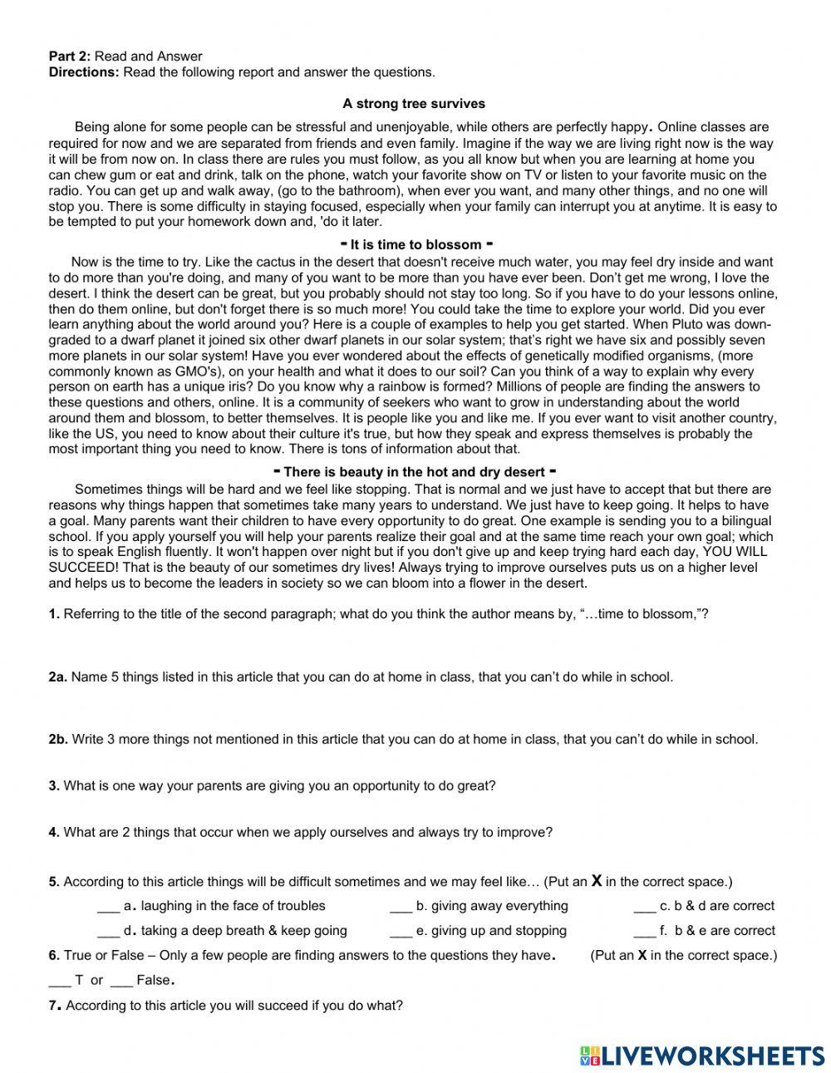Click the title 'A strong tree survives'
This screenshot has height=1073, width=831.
pyautogui.click(x=414, y=104)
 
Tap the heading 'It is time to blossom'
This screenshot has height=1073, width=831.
pyautogui.click(x=416, y=244)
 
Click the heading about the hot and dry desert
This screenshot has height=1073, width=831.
pyautogui.click(x=414, y=472)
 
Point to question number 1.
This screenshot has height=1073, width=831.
pyautogui.click(x=54, y=614)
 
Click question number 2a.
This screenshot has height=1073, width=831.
pyautogui.click(x=57, y=677)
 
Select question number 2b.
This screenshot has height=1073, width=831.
pyautogui.click(x=57, y=740)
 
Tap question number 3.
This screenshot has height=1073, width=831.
pyautogui.click(x=54, y=786)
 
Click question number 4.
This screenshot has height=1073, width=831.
pyautogui.click(x=54, y=832)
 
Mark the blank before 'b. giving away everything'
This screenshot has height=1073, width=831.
pyautogui.click(x=401, y=907)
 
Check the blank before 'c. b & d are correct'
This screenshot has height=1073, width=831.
pyautogui.click(x=644, y=907)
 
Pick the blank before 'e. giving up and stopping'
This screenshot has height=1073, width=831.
pyautogui.click(x=401, y=932)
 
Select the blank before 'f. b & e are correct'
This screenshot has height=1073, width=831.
pyautogui.click(x=644, y=932)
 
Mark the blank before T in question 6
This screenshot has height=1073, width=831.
pyautogui.click(x=60, y=981)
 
